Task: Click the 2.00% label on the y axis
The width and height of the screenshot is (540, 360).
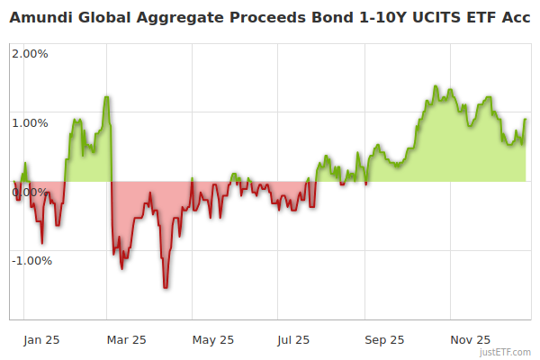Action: point(30,53)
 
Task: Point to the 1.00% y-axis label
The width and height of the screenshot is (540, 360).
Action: point(30,122)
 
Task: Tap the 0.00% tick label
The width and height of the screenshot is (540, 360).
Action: point(30,192)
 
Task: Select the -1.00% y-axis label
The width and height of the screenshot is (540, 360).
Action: point(31,261)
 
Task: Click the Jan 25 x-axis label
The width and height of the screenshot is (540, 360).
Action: point(41,340)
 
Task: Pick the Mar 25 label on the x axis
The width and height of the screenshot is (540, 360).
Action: point(127,340)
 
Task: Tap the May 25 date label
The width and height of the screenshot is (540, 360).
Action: point(213,340)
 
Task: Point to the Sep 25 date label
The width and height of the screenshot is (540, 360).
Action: point(384,340)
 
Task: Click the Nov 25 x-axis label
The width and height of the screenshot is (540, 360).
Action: point(471,340)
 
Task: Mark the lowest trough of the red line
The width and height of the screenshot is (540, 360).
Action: point(166,287)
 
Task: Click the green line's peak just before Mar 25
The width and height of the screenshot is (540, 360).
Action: point(106,96)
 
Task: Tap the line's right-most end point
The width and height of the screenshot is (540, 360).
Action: point(526,120)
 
